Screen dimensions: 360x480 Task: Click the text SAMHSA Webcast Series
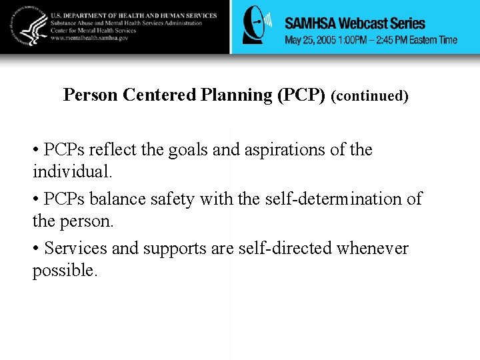pyautogui.click(x=355, y=23)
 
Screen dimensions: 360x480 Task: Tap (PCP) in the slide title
pyautogui.click(x=300, y=95)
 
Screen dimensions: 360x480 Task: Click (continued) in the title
pyautogui.click(x=369, y=96)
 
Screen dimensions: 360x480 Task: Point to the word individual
pyautogui.click(x=72, y=171)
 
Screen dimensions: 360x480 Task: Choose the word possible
pyautogui.click(x=64, y=270)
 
